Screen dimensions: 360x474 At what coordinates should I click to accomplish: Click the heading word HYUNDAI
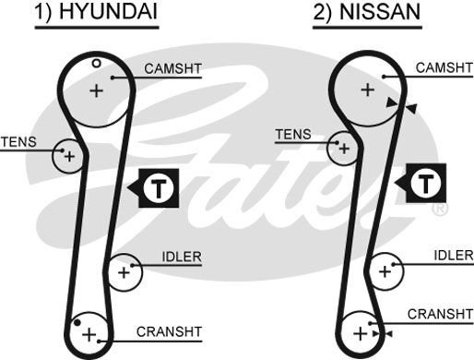pos(112,14)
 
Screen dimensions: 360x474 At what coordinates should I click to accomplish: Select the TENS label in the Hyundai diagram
pos(19,141)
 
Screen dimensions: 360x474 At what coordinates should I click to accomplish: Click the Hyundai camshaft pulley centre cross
pos(96,90)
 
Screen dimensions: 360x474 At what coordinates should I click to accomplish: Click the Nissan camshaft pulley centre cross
pos(367,90)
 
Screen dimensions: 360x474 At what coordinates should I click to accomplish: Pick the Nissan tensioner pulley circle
pos(343,147)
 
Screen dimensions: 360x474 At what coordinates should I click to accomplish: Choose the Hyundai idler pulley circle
pos(124,271)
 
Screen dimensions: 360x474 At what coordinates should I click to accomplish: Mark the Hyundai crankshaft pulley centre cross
pos(89,332)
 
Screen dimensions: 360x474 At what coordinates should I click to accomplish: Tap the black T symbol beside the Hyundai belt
pos(160,188)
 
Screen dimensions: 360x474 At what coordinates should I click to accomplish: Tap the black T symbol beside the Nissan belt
pos(425,184)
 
